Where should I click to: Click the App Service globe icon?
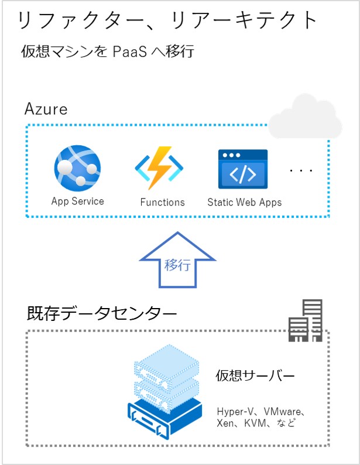coord(77,169)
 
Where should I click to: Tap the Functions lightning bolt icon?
coord(159,168)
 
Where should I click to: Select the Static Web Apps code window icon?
coord(243,169)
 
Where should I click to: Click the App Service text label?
coord(78,201)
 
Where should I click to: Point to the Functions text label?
coord(162,202)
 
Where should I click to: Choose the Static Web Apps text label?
coord(245,202)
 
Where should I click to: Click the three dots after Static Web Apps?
coord(301,170)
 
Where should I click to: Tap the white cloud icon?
coord(305,117)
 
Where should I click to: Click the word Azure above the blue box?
coord(46,109)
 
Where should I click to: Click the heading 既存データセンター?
coord(102,313)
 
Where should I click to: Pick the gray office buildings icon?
coord(306,320)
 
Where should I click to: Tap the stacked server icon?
coord(165,391)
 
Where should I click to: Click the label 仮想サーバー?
coord(255,375)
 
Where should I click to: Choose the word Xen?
coord(225,423)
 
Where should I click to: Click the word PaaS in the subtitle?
coord(130,52)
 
